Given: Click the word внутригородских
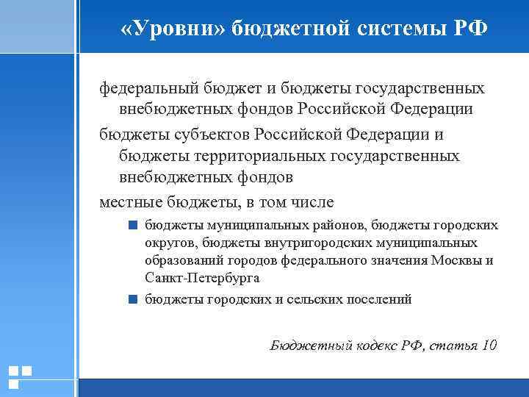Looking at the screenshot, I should [x=294, y=243].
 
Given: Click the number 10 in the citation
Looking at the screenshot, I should [x=489, y=345].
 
